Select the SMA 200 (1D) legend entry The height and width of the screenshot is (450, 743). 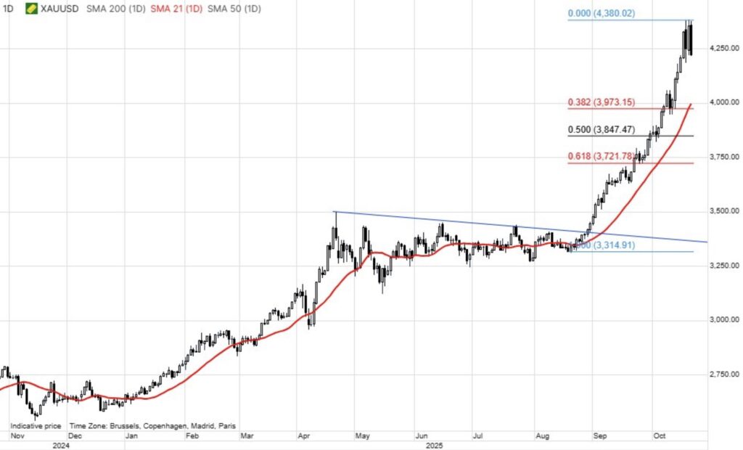[x=115, y=9]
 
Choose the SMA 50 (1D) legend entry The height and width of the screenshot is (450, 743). [x=234, y=9]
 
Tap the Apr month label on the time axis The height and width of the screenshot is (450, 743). [x=304, y=436]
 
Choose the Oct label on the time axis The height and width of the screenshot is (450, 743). [x=660, y=436]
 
